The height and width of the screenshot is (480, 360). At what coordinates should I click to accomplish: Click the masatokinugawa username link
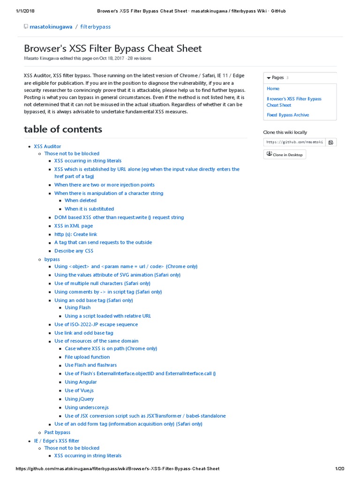click(x=51, y=27)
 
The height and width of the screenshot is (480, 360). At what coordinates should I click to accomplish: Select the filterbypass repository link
click(x=96, y=27)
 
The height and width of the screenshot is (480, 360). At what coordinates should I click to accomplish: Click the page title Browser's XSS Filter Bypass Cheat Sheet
click(x=113, y=48)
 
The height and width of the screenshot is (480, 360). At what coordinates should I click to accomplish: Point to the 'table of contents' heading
click(x=63, y=129)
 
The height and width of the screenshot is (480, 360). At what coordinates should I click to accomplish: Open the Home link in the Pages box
click(x=273, y=89)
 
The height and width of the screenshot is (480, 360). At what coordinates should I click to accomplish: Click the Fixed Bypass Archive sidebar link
click(x=288, y=115)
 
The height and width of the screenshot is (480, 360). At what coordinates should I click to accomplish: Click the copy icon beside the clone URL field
click(x=330, y=142)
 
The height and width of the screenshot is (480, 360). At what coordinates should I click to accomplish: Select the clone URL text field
click(x=294, y=142)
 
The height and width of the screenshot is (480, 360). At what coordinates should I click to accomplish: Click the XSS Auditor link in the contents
click(x=47, y=146)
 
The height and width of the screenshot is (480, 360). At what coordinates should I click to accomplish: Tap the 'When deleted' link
click(x=81, y=200)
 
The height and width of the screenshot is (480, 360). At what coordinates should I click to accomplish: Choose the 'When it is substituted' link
click(x=89, y=209)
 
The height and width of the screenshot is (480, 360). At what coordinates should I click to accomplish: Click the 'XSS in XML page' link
click(x=74, y=225)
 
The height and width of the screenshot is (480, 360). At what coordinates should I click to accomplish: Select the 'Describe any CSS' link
click(x=74, y=251)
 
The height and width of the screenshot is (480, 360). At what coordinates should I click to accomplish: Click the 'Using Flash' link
click(x=78, y=307)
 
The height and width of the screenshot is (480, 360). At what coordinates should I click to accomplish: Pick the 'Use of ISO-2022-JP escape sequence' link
click(x=96, y=324)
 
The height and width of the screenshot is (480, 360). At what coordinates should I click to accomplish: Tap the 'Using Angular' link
click(x=81, y=382)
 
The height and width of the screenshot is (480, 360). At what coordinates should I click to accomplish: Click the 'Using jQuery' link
click(x=79, y=399)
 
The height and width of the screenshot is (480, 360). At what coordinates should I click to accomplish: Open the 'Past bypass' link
click(x=57, y=432)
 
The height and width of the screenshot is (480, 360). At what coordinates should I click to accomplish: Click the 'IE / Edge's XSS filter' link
click(x=57, y=441)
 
